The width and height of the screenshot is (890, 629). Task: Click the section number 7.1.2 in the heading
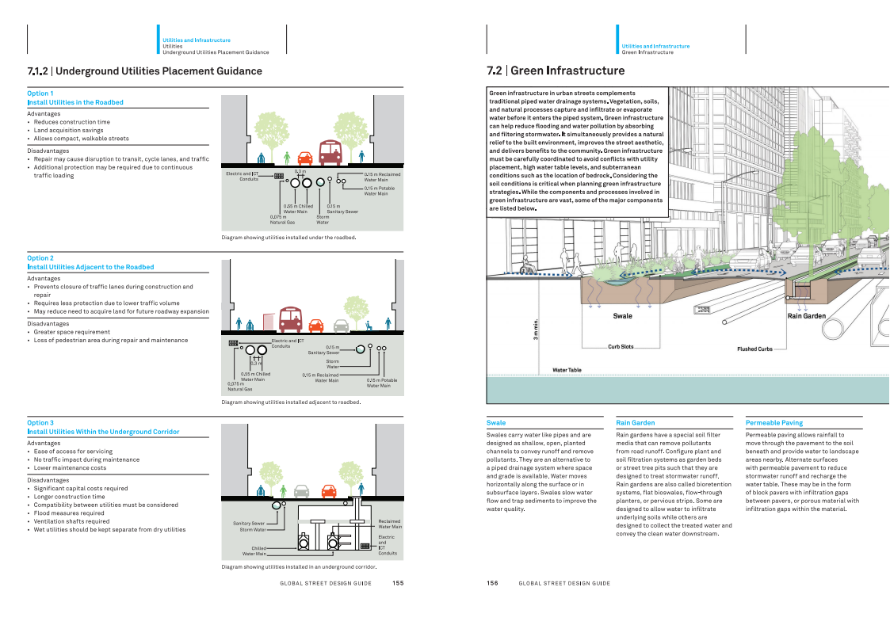click(37, 71)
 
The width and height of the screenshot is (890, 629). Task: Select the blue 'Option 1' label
click(40, 93)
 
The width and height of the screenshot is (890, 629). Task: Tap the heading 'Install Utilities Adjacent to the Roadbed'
click(91, 267)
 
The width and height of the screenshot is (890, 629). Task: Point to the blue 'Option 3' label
click(40, 423)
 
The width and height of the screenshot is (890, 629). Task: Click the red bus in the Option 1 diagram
click(330, 153)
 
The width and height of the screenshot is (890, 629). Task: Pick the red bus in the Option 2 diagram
click(291, 319)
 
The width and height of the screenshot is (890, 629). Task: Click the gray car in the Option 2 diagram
click(341, 326)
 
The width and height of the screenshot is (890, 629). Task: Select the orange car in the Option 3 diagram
click(329, 491)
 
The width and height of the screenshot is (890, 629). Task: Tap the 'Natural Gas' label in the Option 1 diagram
click(282, 220)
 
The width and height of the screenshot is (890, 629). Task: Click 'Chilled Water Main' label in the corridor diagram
click(254, 551)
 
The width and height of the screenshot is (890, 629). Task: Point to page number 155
click(398, 583)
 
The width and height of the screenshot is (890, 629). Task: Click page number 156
click(492, 583)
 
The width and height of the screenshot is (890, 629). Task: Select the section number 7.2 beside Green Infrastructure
click(495, 71)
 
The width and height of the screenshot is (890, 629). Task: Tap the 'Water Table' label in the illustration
click(567, 371)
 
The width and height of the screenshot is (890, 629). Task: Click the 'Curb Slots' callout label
click(621, 346)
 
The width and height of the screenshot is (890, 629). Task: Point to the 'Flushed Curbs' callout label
click(755, 349)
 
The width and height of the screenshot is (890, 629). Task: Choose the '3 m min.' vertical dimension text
click(535, 330)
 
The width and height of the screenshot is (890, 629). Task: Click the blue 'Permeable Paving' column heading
click(774, 423)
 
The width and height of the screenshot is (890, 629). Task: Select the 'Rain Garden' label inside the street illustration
click(807, 316)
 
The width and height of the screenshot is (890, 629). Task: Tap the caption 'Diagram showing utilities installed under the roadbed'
click(289, 238)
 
